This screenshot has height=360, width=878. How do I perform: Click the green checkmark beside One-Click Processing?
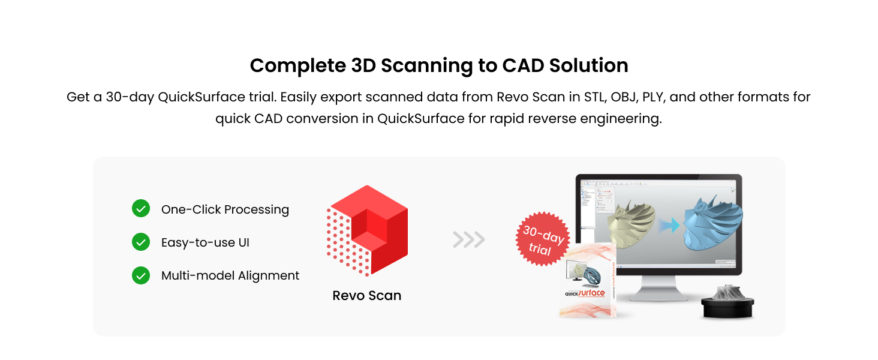[x=140, y=209]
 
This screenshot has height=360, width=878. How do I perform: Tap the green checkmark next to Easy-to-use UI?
[x=140, y=242]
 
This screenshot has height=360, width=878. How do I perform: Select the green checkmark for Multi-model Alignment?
[x=140, y=275]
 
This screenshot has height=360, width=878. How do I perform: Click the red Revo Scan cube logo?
[x=367, y=231]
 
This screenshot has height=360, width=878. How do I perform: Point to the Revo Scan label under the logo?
[x=367, y=295]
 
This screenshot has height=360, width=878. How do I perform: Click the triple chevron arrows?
[x=469, y=240]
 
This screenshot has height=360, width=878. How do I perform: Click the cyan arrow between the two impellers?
[x=672, y=224]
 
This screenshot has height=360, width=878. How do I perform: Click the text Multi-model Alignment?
[x=230, y=275]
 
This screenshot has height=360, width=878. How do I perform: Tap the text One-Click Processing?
[x=225, y=209]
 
